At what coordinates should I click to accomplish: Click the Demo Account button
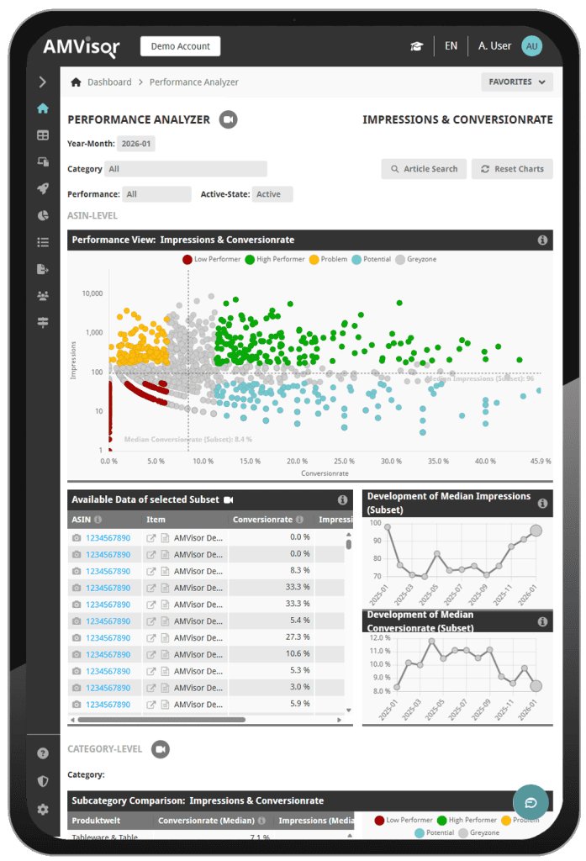180,46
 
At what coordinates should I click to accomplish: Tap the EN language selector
451,46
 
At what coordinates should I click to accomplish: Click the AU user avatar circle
531,46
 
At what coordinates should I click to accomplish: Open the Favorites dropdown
516,82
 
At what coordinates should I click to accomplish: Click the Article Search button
424,169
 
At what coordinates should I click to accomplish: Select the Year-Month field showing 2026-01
135,144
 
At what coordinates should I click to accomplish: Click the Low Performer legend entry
211,259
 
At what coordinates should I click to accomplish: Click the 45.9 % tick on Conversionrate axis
541,462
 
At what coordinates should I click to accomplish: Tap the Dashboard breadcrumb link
109,82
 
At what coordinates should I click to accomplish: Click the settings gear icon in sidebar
43,810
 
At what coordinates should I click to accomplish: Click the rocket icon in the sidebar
43,188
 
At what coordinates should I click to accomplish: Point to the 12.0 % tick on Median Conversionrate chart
381,637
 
